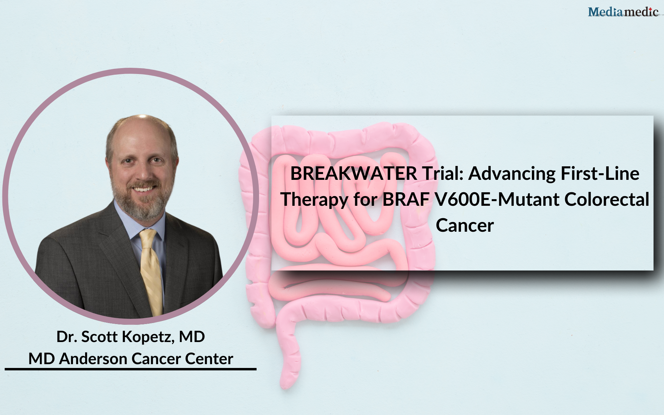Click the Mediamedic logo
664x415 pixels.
(x=623, y=12)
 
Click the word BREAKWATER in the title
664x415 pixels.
(x=354, y=173)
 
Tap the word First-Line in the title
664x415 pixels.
(x=600, y=173)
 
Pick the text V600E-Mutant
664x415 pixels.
(x=497, y=200)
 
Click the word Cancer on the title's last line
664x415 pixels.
(x=465, y=226)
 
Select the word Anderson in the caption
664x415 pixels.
(x=93, y=359)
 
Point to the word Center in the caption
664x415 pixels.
(x=209, y=359)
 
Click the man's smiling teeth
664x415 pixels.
(x=143, y=189)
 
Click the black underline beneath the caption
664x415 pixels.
(x=130, y=369)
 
